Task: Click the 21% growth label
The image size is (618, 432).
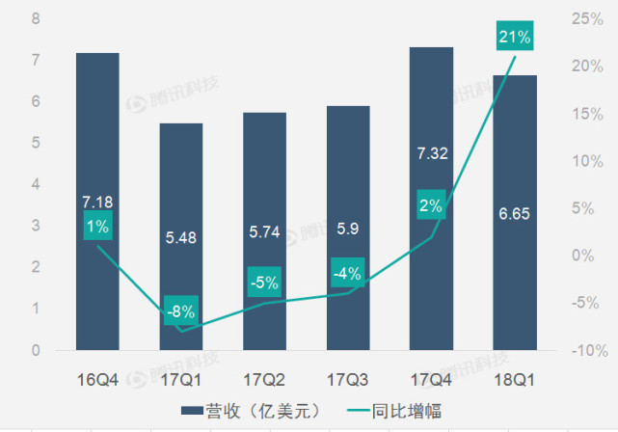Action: tap(514, 37)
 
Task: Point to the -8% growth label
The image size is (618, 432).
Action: tap(180, 310)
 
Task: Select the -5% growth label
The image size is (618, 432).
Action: tap(263, 283)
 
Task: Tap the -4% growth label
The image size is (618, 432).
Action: tap(347, 273)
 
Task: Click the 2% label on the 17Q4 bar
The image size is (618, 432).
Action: tap(431, 204)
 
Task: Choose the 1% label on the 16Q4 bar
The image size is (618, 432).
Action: tap(97, 226)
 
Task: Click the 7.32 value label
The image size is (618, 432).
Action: tap(431, 153)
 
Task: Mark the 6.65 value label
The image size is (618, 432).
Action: tap(514, 213)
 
